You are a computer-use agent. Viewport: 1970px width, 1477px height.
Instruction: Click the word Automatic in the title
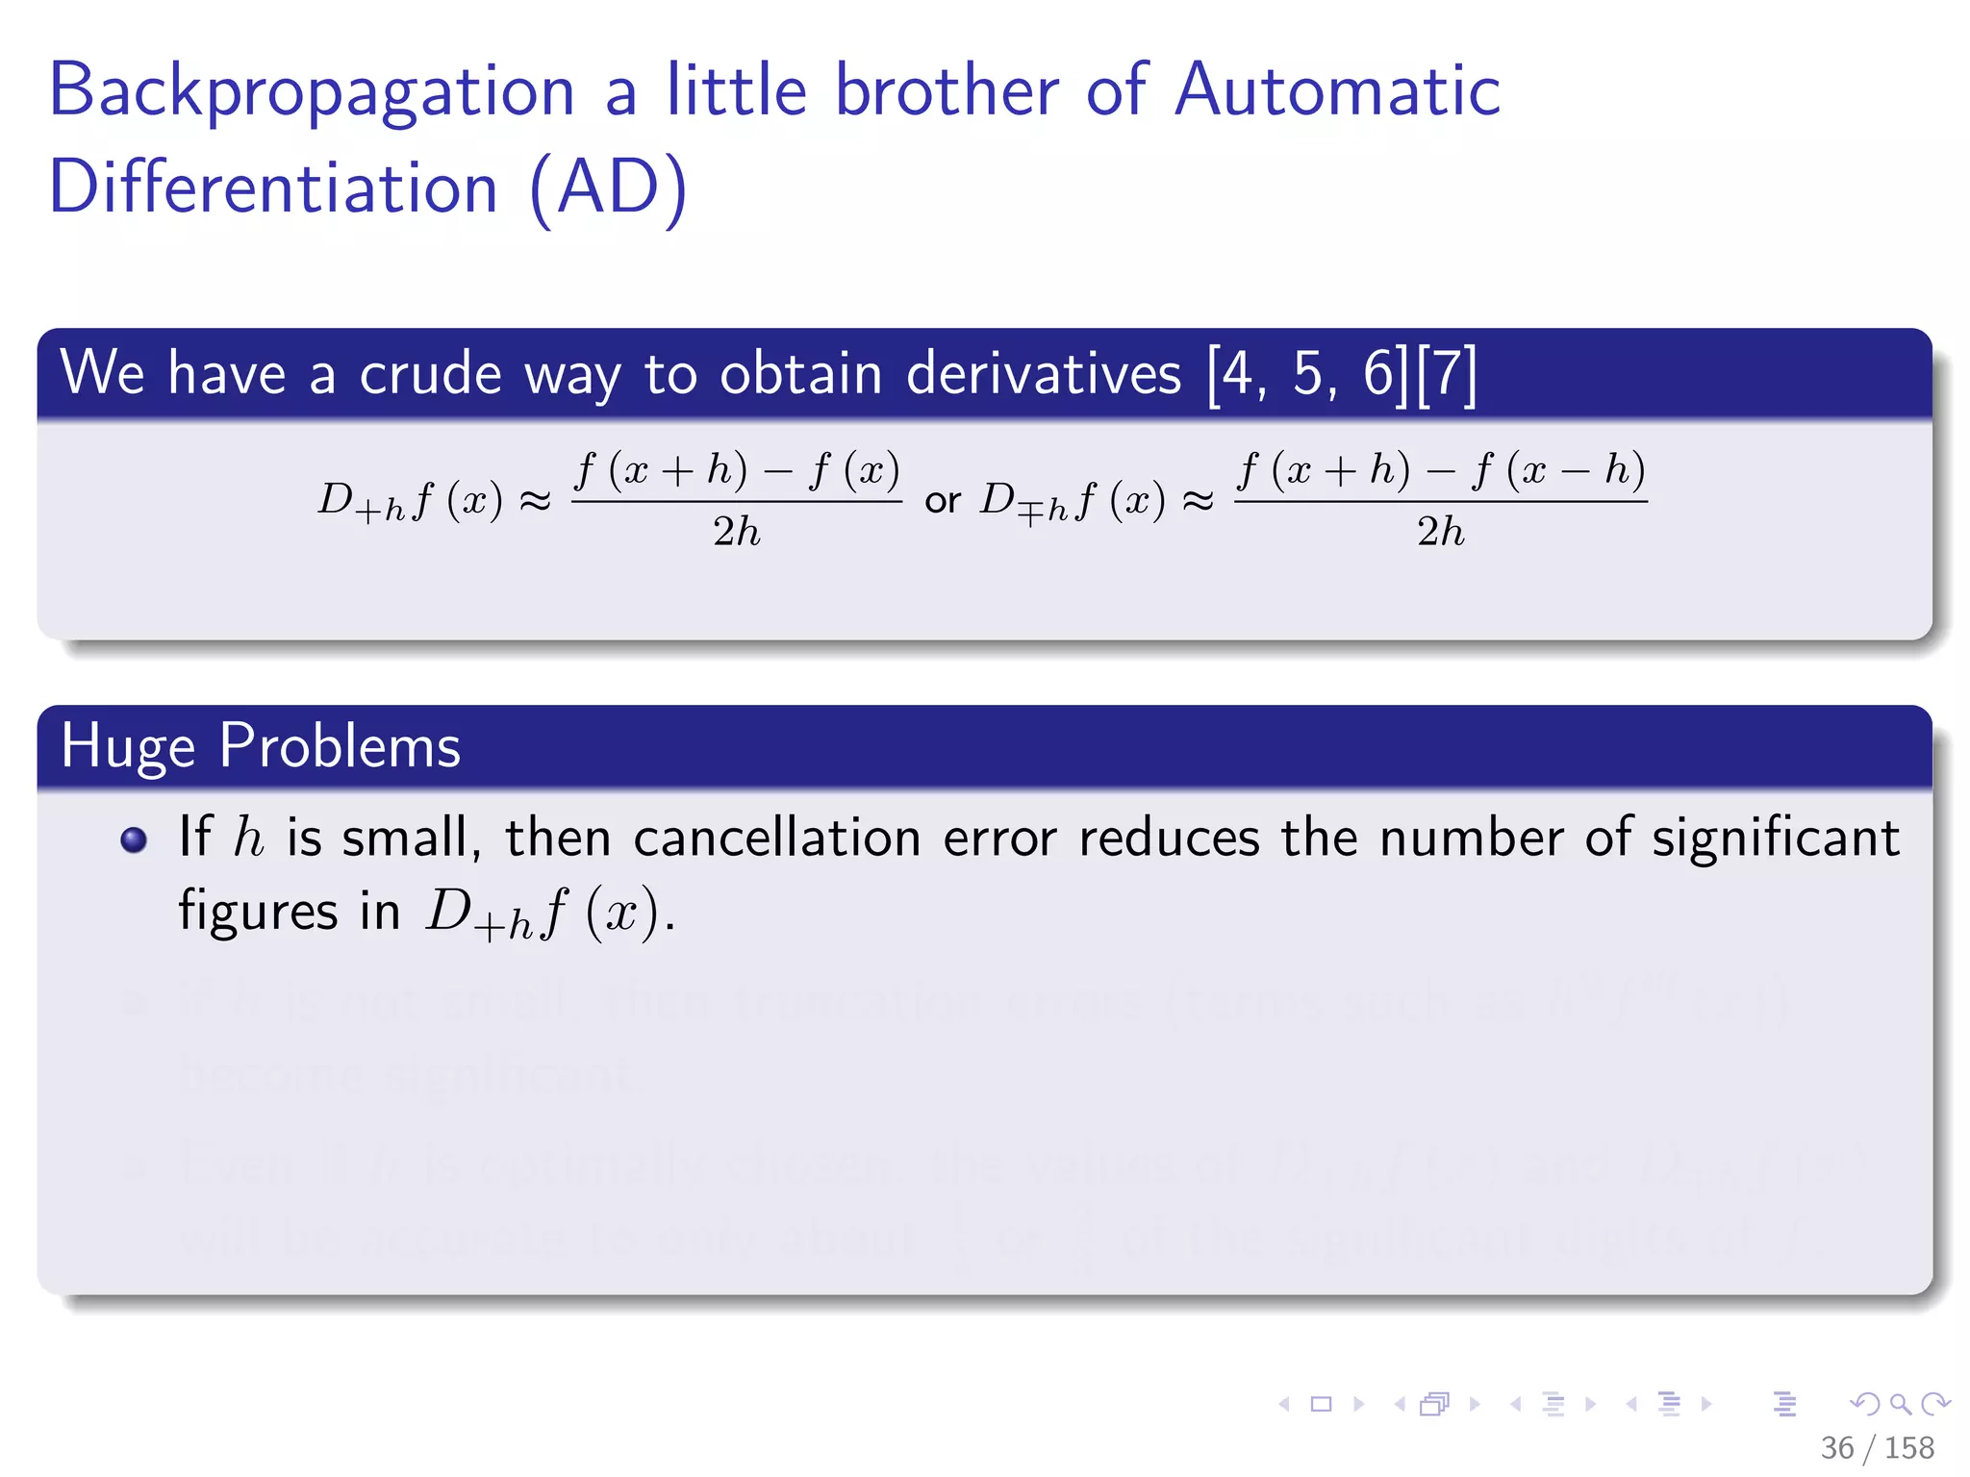(x=1337, y=90)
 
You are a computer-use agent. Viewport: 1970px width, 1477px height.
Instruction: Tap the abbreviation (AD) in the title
(x=609, y=188)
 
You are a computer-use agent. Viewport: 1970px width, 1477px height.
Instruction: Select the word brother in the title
(x=947, y=90)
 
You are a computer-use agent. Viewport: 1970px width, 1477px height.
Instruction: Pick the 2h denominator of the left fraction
(x=736, y=531)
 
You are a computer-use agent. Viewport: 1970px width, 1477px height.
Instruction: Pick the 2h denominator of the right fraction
(x=1440, y=531)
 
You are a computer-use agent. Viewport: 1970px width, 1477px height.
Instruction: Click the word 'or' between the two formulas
(x=943, y=500)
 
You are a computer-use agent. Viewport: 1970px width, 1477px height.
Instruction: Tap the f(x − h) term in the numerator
(x=1558, y=470)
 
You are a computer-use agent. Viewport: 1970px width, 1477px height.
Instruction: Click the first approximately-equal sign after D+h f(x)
(x=535, y=500)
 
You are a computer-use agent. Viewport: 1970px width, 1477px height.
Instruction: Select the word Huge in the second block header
(x=129, y=746)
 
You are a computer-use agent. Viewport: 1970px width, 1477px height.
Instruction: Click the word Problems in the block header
(x=341, y=746)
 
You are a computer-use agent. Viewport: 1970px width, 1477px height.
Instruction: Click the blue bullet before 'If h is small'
(x=134, y=839)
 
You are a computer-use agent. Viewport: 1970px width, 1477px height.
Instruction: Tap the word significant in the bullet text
(x=1776, y=838)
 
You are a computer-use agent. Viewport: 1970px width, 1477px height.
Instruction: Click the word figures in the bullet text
(x=258, y=911)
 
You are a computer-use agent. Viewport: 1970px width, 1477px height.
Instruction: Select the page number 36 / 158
(x=1877, y=1447)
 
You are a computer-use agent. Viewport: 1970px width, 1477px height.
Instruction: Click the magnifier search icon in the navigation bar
(x=1900, y=1404)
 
